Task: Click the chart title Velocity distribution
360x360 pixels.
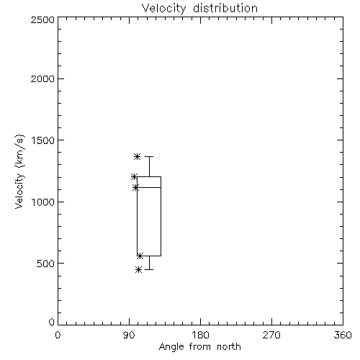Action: pyautogui.click(x=199, y=9)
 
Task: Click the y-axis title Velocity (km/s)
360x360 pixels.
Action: pyautogui.click(x=19, y=171)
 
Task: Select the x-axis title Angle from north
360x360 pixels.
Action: pyautogui.click(x=199, y=347)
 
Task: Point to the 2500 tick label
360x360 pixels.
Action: pyautogui.click(x=42, y=19)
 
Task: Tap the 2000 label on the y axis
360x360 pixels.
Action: pyautogui.click(x=42, y=78)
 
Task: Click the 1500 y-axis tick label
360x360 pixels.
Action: pyautogui.click(x=43, y=140)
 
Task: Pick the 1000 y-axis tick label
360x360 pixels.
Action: pyautogui.click(x=43, y=202)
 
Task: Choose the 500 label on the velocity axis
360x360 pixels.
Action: pyautogui.click(x=46, y=264)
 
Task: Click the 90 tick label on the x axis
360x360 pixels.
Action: pyautogui.click(x=129, y=335)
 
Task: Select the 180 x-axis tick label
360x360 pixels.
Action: pyautogui.click(x=200, y=335)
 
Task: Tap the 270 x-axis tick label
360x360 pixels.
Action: pyautogui.click(x=271, y=335)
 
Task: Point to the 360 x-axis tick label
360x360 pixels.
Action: pyautogui.click(x=343, y=335)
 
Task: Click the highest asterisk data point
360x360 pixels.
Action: pyautogui.click(x=137, y=157)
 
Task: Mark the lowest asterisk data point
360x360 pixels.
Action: pyautogui.click(x=138, y=270)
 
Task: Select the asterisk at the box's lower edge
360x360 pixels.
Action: pyautogui.click(x=140, y=256)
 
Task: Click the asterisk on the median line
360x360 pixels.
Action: pyautogui.click(x=136, y=187)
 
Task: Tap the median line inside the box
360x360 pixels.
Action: pyautogui.click(x=149, y=187)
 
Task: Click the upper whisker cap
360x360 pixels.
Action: pyautogui.click(x=149, y=156)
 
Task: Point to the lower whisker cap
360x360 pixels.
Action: pyautogui.click(x=149, y=269)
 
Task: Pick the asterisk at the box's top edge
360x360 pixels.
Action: pyautogui.click(x=134, y=177)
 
